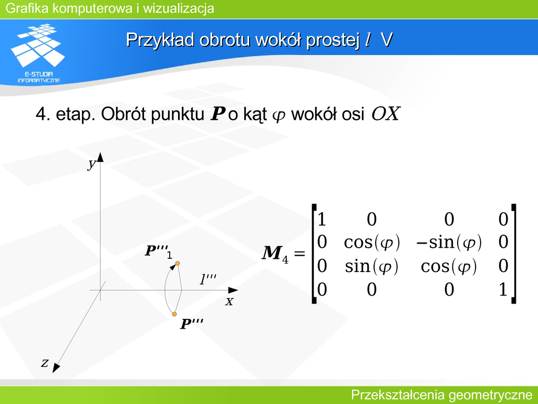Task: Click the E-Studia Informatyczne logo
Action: [38, 53]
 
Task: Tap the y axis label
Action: [91, 164]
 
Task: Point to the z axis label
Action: [45, 362]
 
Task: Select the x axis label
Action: [229, 301]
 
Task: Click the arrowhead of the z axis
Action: [56, 368]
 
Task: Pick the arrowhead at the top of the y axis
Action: [100, 157]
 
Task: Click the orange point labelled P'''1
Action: [178, 264]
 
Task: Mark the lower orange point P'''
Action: [174, 314]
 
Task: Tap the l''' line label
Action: [208, 279]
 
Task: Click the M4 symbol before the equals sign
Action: [275, 254]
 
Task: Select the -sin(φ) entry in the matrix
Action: [449, 242]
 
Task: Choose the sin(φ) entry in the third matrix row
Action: [371, 266]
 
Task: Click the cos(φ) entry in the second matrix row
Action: [372, 242]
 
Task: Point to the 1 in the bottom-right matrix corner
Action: [503, 289]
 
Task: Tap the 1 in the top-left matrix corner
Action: [322, 219]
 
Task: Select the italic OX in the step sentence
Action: [386, 114]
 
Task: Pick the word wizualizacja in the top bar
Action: [179, 8]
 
